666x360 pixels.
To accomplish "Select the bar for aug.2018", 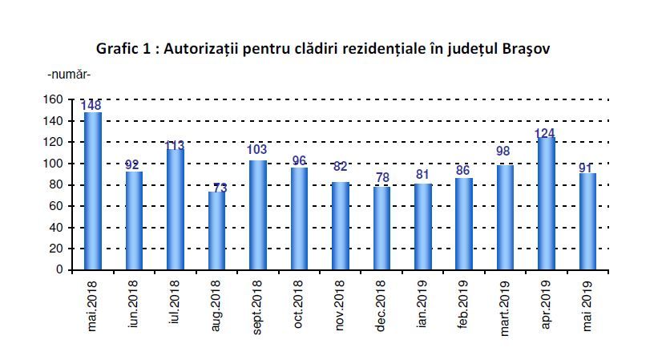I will (217, 230).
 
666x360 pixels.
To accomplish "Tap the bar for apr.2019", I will (547, 204).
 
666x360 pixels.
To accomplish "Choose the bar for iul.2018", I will (176, 209).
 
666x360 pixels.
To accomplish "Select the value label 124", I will (545, 132).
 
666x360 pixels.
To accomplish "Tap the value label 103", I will (258, 149).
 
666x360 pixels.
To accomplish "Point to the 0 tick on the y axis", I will (59, 269).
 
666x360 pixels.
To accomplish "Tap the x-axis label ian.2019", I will (422, 305).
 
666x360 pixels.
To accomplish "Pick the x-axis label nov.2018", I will (341, 305).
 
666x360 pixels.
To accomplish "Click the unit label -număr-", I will (69, 75).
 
